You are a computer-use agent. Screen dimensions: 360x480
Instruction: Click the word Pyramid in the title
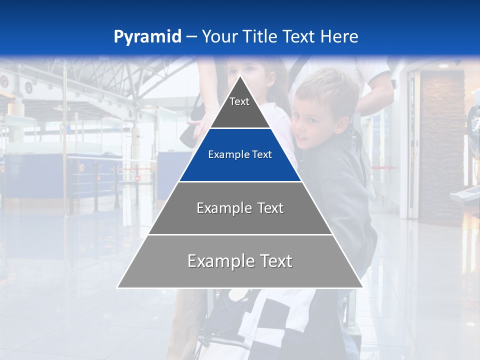click(147, 37)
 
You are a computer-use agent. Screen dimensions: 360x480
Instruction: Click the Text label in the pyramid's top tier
click(239, 101)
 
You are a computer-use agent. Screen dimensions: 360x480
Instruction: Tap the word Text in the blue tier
click(262, 155)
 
